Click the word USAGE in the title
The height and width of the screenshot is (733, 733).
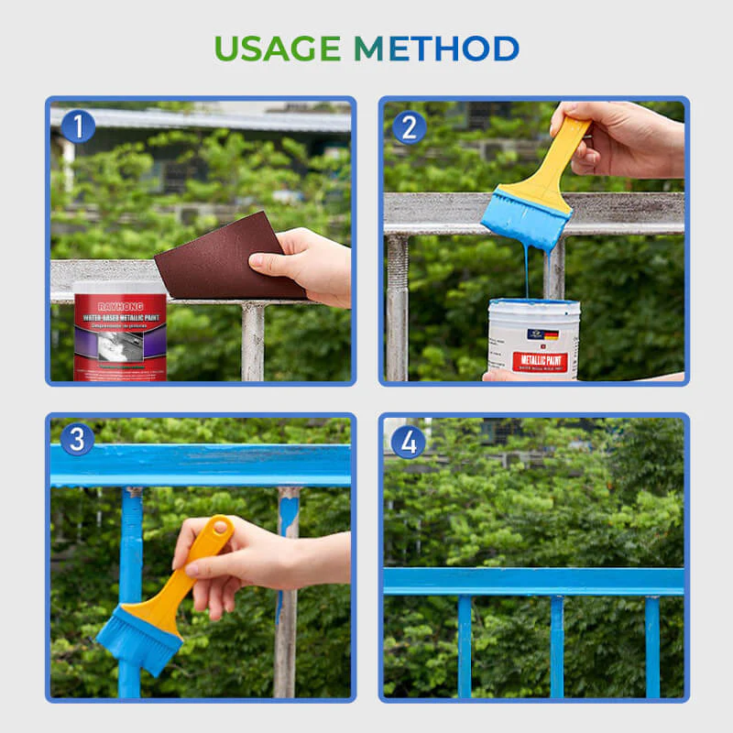[x=277, y=48]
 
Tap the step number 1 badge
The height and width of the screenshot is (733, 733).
[x=78, y=126]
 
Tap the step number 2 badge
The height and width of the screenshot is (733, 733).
[x=409, y=126]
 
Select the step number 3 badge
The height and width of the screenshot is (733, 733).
[x=77, y=439]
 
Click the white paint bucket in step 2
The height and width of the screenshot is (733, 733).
[x=532, y=338]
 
